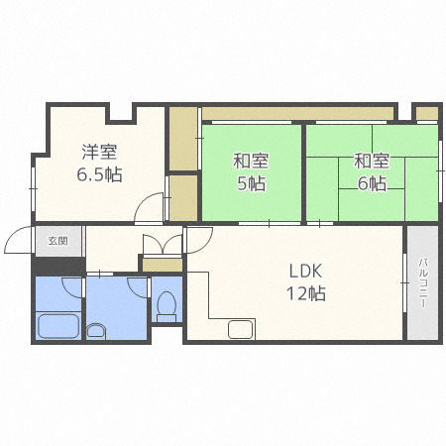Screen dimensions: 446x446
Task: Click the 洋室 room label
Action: click(99, 153)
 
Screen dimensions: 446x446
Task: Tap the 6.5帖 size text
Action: click(99, 174)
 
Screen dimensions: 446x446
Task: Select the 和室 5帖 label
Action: click(251, 172)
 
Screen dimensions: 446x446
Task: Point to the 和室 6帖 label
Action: click(372, 172)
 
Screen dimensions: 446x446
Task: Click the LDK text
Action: click(305, 272)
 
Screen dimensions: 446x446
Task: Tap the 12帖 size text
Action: click(306, 293)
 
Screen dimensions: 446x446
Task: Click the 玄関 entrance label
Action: click(58, 241)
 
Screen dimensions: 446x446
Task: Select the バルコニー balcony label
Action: click(423, 283)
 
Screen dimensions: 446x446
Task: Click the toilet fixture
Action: click(167, 306)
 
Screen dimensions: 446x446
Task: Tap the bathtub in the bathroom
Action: click(58, 326)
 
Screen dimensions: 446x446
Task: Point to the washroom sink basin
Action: click(96, 331)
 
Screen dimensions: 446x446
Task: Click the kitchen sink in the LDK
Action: click(241, 329)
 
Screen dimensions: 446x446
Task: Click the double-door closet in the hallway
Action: click(163, 245)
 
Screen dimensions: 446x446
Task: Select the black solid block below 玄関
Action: click(58, 266)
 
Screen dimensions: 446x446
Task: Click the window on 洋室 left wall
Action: click(33, 188)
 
